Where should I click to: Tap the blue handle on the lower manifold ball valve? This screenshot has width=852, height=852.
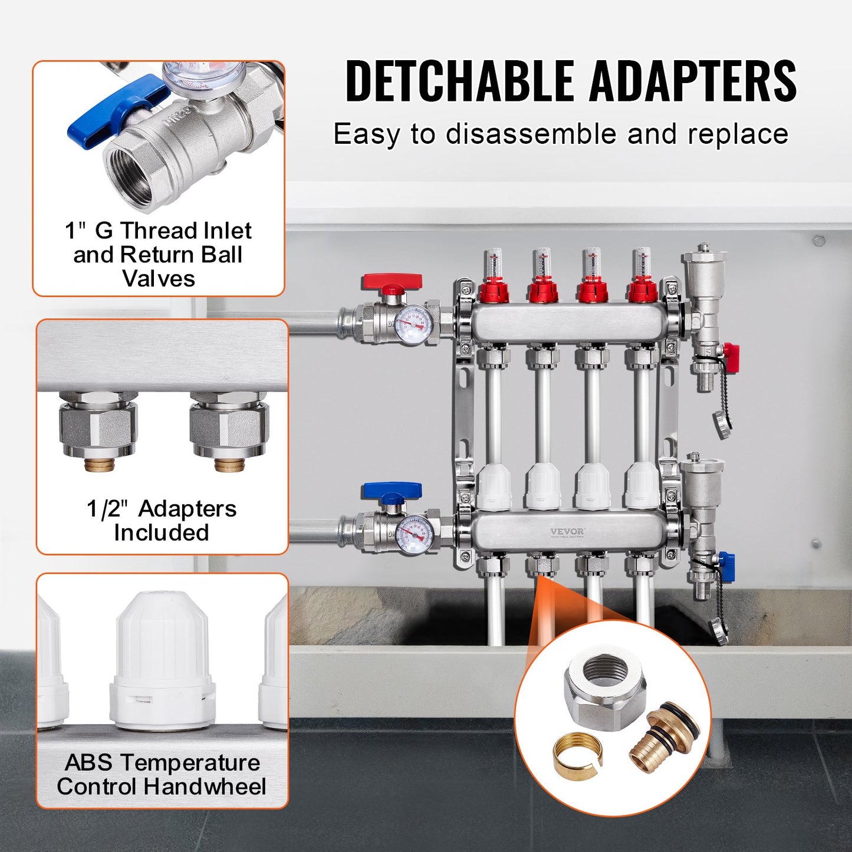[392, 491]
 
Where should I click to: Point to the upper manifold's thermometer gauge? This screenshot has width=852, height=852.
[413, 324]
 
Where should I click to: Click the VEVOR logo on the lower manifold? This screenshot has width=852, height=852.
[567, 532]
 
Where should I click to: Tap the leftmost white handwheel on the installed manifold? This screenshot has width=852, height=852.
[494, 486]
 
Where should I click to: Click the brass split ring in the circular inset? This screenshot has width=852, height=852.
[577, 752]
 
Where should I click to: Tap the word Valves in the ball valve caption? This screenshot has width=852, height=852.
[158, 278]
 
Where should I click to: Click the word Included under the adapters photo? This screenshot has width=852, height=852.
[162, 532]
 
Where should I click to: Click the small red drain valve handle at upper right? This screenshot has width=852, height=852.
[731, 357]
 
